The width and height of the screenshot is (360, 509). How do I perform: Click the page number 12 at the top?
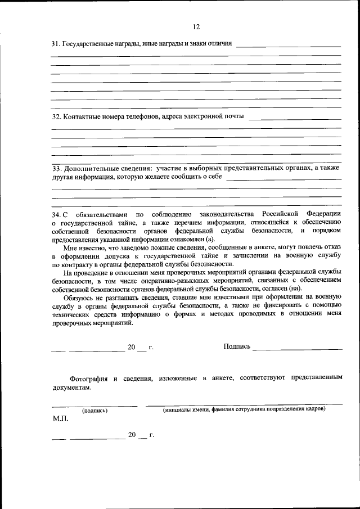pos(196,26)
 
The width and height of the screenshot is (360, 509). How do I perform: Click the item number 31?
pos(55,44)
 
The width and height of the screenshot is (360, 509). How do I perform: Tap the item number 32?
pos(56,117)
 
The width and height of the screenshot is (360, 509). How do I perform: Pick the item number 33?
pos(56,168)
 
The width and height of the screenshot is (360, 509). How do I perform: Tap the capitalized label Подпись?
pos(237,346)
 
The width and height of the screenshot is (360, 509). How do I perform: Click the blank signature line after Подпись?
pos(298,349)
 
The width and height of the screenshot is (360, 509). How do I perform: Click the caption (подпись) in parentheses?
pos(94,410)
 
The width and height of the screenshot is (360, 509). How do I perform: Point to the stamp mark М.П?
pos(59,420)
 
